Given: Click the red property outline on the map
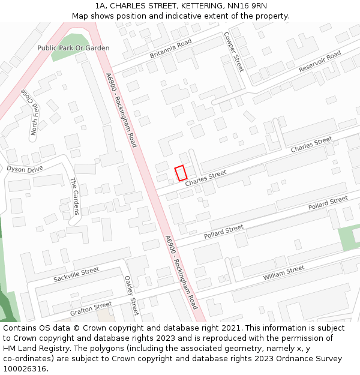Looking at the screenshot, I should pyautogui.click(x=181, y=173).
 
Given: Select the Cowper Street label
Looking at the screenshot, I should pyautogui.click(x=234, y=52).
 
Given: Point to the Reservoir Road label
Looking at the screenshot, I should pyautogui.click(x=320, y=62).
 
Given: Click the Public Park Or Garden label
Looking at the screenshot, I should pyautogui.click(x=73, y=47).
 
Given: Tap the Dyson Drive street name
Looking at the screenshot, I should pyautogui.click(x=25, y=169).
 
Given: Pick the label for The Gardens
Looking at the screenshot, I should pyautogui.click(x=75, y=196).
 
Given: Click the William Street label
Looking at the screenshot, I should pyautogui.click(x=283, y=273).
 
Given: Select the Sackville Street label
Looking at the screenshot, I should pyautogui.click(x=76, y=275).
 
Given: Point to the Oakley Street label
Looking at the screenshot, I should pyautogui.click(x=131, y=295).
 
